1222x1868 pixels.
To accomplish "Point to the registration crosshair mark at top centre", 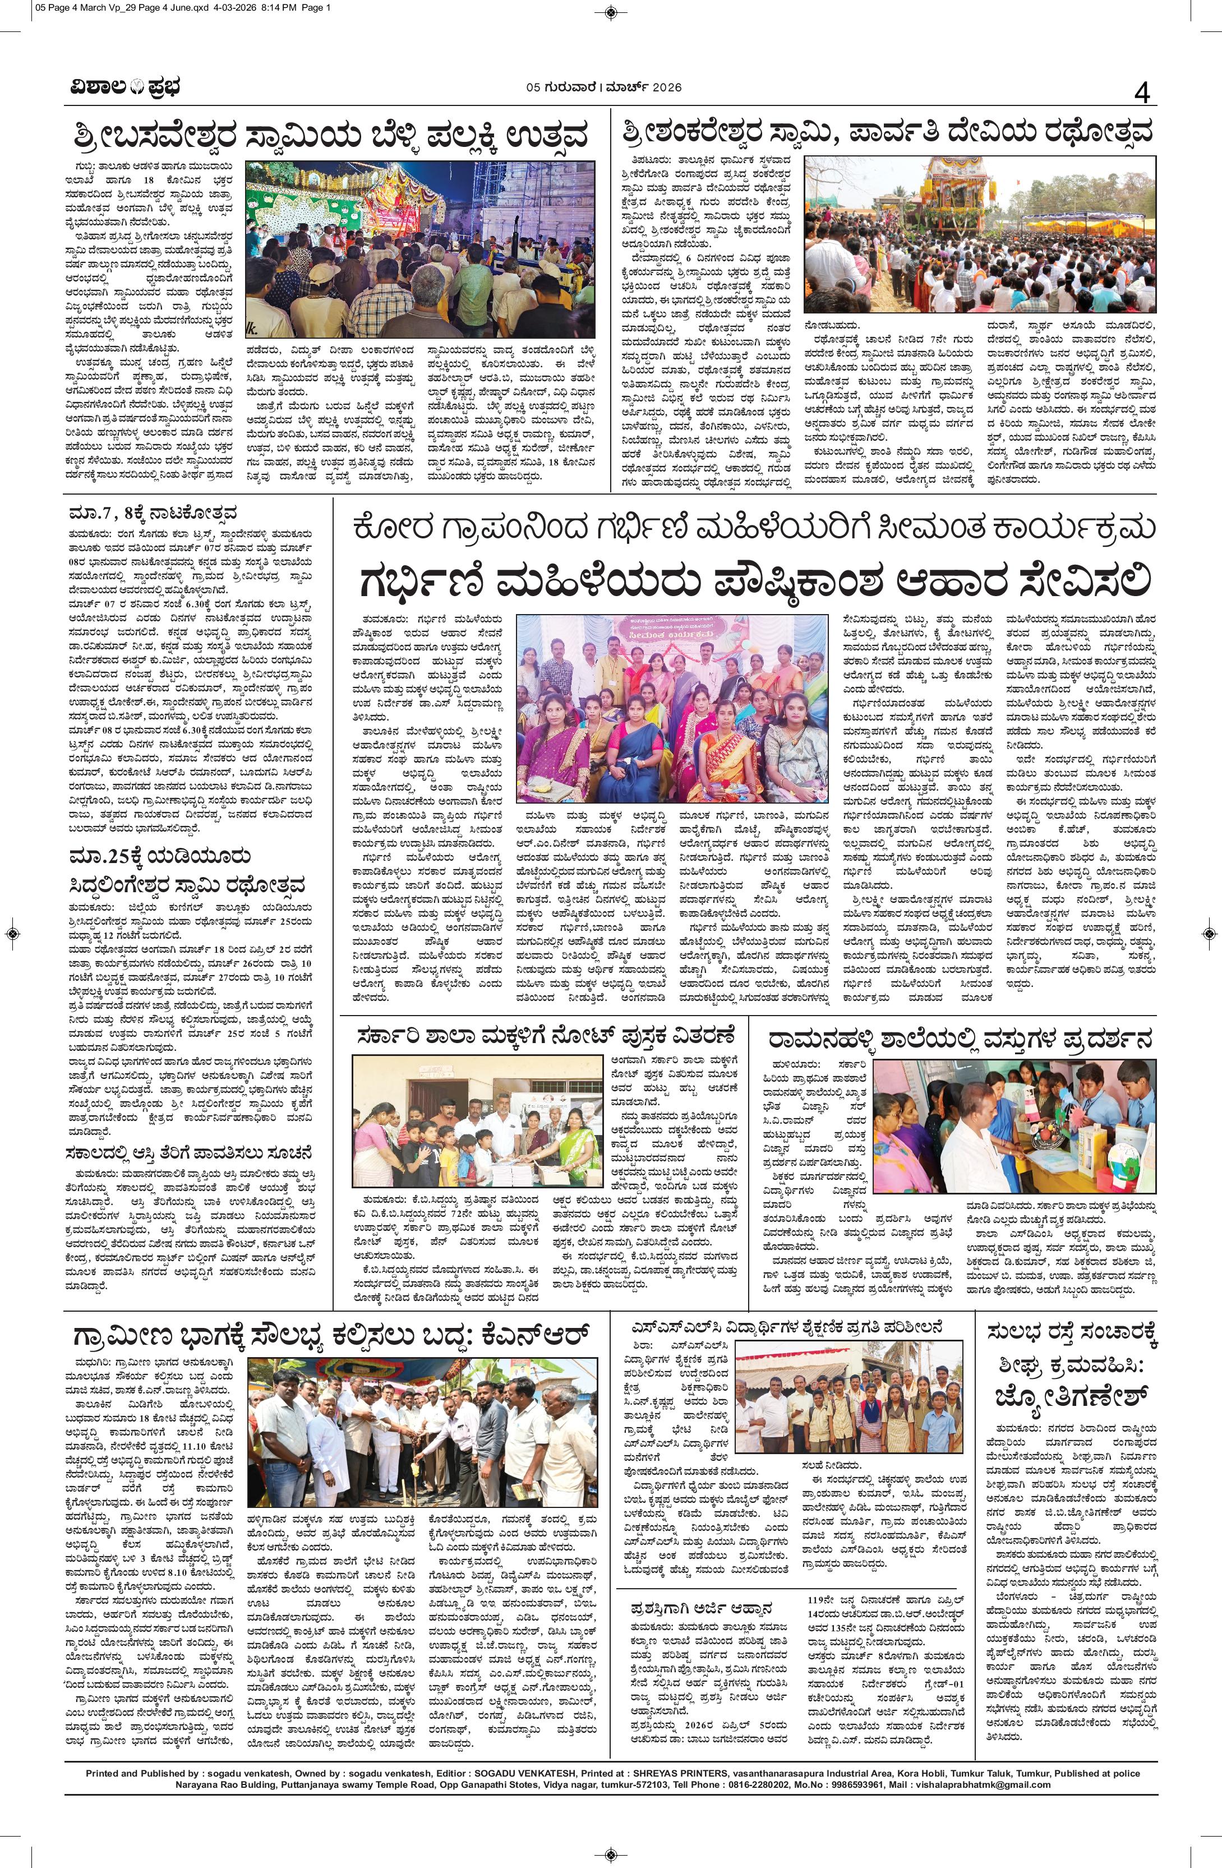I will (x=611, y=11).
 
